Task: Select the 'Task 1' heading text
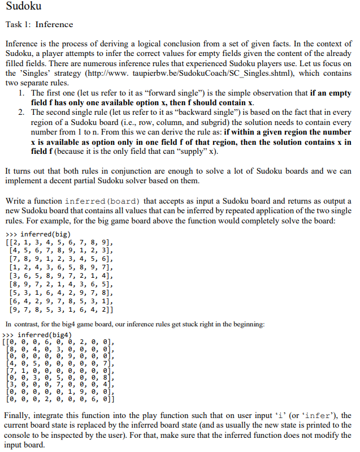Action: point(39,24)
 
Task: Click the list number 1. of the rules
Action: point(21,92)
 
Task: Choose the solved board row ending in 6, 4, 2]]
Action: point(62,310)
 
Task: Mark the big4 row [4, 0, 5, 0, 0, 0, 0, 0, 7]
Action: point(60,363)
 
